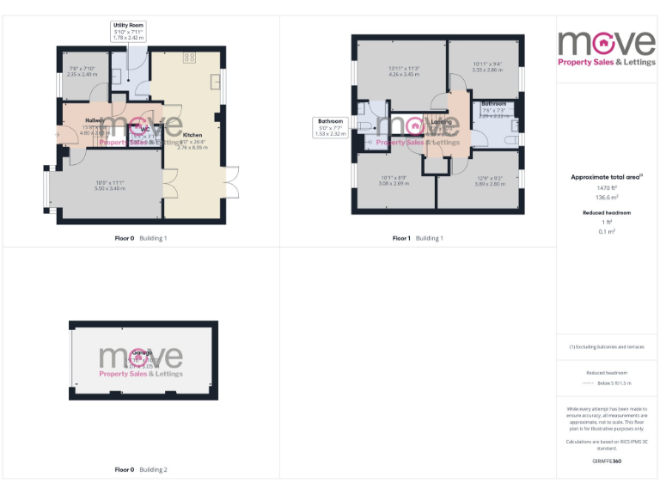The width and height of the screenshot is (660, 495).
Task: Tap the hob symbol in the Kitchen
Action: pyautogui.click(x=190, y=58)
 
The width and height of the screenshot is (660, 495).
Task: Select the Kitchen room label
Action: pyautogui.click(x=193, y=135)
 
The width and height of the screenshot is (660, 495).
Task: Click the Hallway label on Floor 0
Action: pyautogui.click(x=95, y=120)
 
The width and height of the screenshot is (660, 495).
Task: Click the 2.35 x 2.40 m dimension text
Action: pyautogui.click(x=82, y=74)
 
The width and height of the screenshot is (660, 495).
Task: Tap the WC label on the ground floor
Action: pyautogui.click(x=134, y=129)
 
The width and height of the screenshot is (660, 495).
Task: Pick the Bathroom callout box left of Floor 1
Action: pyautogui.click(x=331, y=127)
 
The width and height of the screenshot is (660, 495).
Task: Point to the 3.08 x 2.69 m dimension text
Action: pyautogui.click(x=394, y=183)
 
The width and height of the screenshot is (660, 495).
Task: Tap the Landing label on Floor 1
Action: pyautogui.click(x=441, y=122)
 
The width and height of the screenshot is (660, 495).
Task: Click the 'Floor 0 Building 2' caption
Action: pyautogui.click(x=141, y=470)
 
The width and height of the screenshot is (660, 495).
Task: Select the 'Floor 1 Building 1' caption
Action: pyautogui.click(x=419, y=238)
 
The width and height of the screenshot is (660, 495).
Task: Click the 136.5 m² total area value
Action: pyautogui.click(x=607, y=196)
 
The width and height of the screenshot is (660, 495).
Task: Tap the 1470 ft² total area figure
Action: pyautogui.click(x=607, y=186)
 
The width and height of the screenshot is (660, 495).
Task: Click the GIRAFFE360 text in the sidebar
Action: pyautogui.click(x=607, y=461)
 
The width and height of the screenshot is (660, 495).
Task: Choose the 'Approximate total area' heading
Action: pyautogui.click(x=607, y=176)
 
